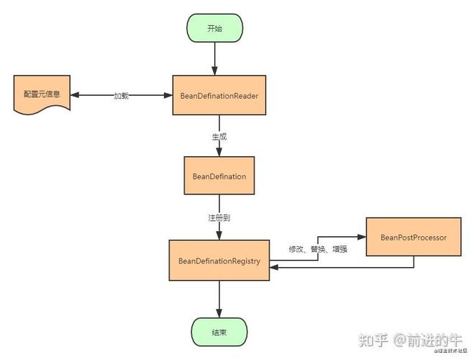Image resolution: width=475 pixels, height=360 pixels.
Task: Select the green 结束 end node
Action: click(219, 333)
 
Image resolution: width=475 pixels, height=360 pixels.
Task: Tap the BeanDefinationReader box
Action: click(219, 95)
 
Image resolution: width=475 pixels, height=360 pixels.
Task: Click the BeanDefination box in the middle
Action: click(219, 176)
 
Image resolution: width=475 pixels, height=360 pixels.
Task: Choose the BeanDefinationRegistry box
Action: click(219, 261)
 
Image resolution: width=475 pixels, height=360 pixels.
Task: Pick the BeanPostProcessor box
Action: click(413, 237)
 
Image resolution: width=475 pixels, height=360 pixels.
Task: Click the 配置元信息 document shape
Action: click(42, 95)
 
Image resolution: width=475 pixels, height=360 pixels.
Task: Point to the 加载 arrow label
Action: click(121, 96)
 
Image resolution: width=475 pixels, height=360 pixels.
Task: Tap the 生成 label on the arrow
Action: click(219, 135)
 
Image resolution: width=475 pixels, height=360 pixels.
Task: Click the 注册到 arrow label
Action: click(219, 217)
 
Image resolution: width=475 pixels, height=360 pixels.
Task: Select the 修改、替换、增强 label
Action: click(319, 249)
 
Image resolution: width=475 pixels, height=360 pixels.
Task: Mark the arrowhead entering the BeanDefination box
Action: click(219, 153)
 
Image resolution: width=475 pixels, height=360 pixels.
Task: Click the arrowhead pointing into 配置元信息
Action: click(75, 95)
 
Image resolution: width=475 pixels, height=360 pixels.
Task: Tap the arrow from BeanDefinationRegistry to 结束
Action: click(219, 299)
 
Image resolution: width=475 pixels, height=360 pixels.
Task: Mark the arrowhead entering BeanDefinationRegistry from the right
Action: click(274, 268)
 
